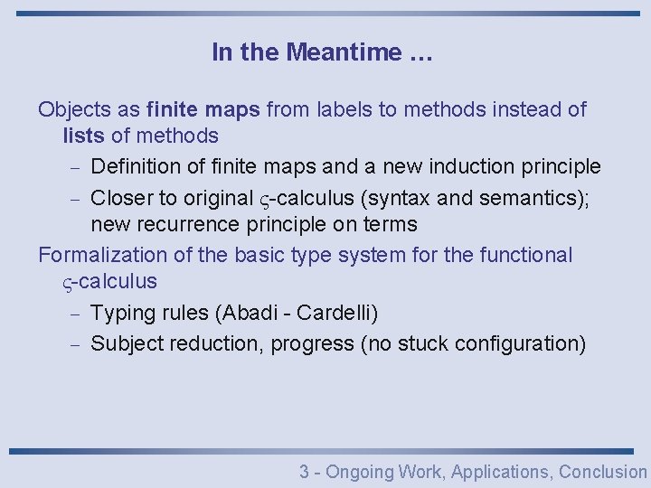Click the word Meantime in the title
pos(344,52)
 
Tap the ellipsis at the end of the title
pos(420,54)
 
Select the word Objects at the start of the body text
pos(76,110)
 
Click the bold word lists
pos(83,136)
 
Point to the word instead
pos(513,110)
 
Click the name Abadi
pos(246,314)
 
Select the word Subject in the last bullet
pos(127,343)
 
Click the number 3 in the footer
pos(305,472)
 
